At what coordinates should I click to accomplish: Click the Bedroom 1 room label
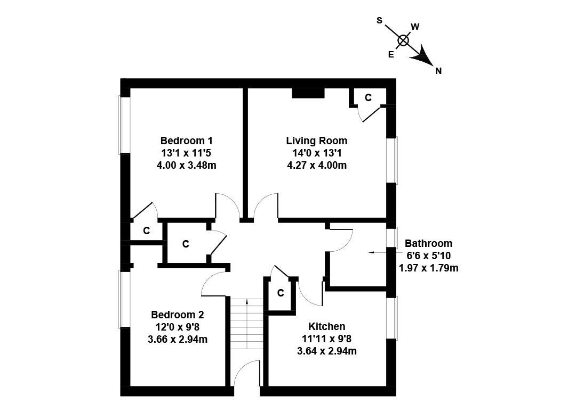pos(186,141)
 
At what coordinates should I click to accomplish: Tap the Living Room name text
pos(317,141)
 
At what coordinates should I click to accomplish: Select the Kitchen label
pos(326,326)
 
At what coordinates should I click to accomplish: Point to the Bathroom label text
pos(428,244)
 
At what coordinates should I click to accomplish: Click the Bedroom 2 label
pos(177,315)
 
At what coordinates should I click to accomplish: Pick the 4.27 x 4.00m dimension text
pos(317,165)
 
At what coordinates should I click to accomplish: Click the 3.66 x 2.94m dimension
pos(178,339)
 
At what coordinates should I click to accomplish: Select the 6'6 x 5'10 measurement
pos(428,256)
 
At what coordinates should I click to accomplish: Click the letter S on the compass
pos(379,20)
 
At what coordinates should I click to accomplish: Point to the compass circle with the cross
pos(403,40)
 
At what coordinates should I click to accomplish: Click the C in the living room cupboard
pos(368,97)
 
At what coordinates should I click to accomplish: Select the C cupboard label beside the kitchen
pos(280,293)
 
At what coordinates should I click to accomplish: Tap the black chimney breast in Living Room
pos(308,93)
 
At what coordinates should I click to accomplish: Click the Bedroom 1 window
pos(125,125)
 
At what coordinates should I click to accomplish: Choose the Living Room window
pos(392,160)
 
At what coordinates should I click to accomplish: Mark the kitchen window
pos(392,318)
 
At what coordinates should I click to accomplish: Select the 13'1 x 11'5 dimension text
pos(186,153)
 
